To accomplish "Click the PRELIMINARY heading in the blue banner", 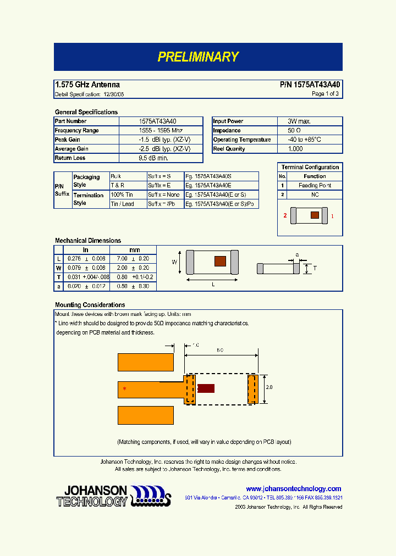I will point(198,57).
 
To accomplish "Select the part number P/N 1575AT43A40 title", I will point(310,85).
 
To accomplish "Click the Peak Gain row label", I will point(68,140).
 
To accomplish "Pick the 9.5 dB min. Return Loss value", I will point(153,158).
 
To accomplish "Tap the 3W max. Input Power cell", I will point(300,121).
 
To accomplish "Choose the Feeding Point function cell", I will point(315,186).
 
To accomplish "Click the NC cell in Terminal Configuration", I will point(315,194).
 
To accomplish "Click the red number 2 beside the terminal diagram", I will point(285,216).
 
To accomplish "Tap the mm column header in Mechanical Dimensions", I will point(134,249).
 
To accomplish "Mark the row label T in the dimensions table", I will point(58,277).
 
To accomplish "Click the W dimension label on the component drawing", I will point(174,262).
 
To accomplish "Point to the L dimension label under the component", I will point(212,285).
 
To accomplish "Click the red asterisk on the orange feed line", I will point(124,389).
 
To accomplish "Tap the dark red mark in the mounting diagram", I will point(206,388).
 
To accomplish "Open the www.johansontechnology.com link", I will point(293,488).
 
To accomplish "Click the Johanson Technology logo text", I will point(92,496).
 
